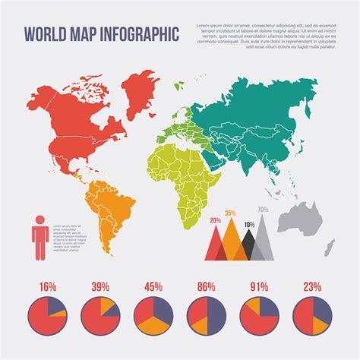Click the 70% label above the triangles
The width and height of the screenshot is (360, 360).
point(263,210)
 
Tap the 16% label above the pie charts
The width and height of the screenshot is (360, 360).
point(47,287)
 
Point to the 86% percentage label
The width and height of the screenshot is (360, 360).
point(206,287)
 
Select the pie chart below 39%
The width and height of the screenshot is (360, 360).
point(99,316)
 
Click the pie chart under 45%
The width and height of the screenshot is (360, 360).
point(153,316)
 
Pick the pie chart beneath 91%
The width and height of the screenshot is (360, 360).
point(259,316)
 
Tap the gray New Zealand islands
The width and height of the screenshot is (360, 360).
point(330,247)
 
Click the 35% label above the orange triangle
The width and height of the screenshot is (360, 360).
point(231,213)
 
